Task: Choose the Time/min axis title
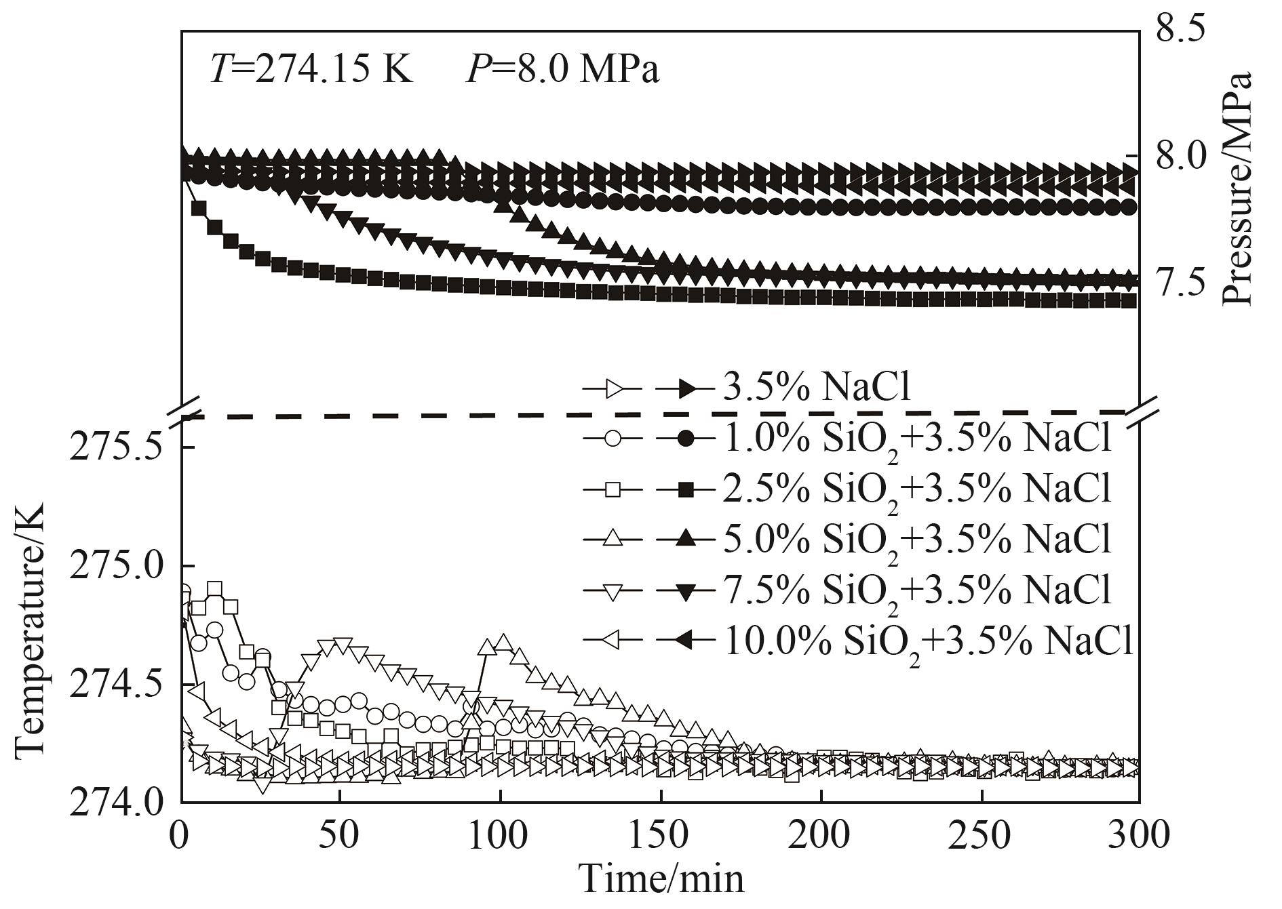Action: tap(661, 880)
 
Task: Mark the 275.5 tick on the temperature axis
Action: tap(113, 447)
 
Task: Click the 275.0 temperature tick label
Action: tap(113, 567)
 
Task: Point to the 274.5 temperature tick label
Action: tap(113, 685)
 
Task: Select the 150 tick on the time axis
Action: tap(661, 835)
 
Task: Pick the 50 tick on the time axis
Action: tap(341, 835)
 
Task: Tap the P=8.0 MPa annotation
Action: tap(562, 70)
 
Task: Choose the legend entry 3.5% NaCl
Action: tap(817, 389)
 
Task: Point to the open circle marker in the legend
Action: tap(613, 439)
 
